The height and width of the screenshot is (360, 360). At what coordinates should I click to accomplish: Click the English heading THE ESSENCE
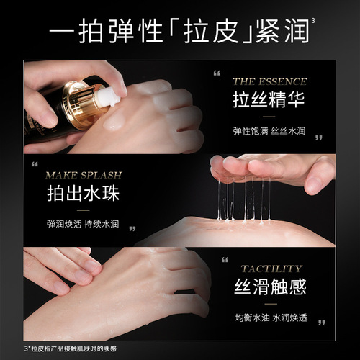(269, 81)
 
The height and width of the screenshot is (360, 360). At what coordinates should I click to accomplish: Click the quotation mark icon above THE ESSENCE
(215, 73)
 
